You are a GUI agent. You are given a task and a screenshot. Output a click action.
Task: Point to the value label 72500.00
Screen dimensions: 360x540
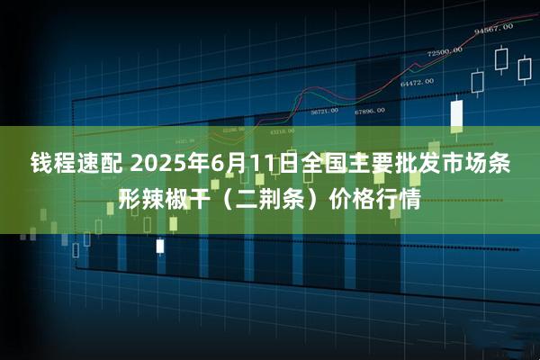click(x=444, y=51)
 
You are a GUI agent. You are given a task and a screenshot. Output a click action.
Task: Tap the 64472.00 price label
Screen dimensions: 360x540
click(x=417, y=82)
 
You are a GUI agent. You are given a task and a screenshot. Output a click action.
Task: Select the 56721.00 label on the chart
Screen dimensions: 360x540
click(x=324, y=112)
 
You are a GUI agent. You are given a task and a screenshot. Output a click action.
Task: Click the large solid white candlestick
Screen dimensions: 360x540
click(x=456, y=114)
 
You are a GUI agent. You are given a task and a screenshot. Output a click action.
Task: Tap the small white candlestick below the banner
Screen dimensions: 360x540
click(x=160, y=245)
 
